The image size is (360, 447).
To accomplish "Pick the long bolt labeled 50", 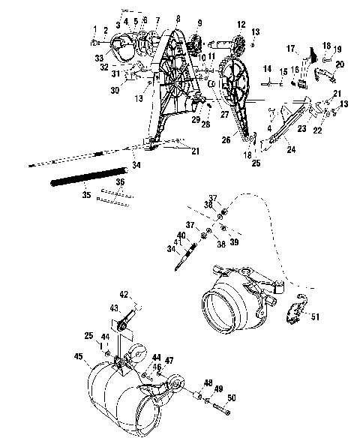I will point(218,409).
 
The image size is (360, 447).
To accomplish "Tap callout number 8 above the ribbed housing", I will point(177,18).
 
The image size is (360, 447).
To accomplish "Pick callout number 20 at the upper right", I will point(340,65).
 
